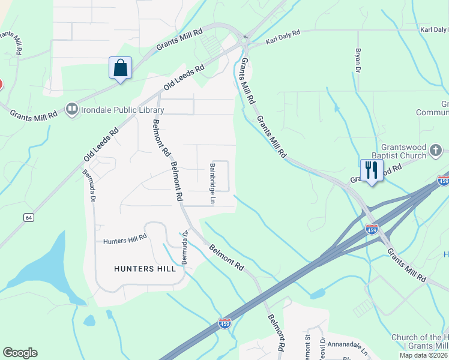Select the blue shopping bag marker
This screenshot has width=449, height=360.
pos(120,68)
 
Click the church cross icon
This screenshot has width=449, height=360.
pos(436,150)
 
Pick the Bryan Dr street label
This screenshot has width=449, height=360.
pos(358,61)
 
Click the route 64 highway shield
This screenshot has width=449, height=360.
pos(29,218)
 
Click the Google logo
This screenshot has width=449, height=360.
pos(20,353)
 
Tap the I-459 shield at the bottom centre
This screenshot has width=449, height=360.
pos(224,323)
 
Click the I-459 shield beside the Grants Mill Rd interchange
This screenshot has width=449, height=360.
pos(372,229)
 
